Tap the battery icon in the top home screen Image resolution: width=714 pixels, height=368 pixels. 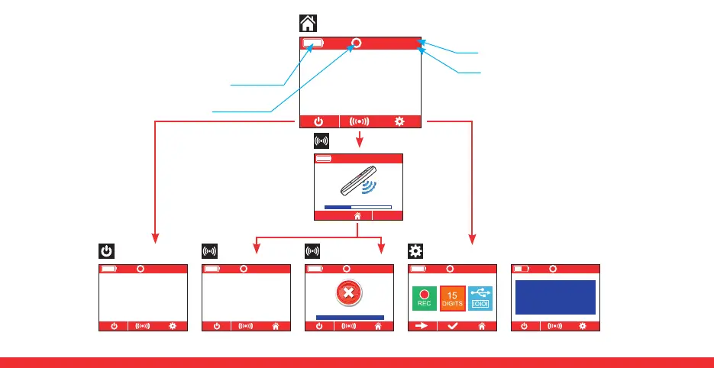pyautogui.click(x=312, y=44)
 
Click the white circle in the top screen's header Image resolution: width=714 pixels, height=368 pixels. pyautogui.click(x=356, y=44)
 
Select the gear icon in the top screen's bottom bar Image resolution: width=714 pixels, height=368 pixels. pyautogui.click(x=399, y=121)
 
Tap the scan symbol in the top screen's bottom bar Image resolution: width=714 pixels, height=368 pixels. pyautogui.click(x=359, y=121)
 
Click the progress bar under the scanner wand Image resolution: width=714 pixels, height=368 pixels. pyautogui.click(x=357, y=206)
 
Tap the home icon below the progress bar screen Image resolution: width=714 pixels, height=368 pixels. pyautogui.click(x=357, y=216)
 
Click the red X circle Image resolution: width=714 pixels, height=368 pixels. pyautogui.click(x=347, y=293)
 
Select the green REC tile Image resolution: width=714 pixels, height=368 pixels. pyautogui.click(x=424, y=299)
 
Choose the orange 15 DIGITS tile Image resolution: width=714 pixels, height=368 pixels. pyautogui.click(x=452, y=299)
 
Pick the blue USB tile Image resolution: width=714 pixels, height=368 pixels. pyautogui.click(x=480, y=299)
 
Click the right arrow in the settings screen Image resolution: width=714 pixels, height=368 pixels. pyautogui.click(x=422, y=326)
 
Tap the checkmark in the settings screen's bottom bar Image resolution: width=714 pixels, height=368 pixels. pyautogui.click(x=452, y=326)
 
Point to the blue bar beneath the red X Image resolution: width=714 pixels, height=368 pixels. pyautogui.click(x=350, y=316)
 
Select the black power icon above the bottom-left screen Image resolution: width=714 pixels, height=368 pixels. pyautogui.click(x=106, y=250)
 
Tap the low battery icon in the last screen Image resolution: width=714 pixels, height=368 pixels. pyautogui.click(x=521, y=269)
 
